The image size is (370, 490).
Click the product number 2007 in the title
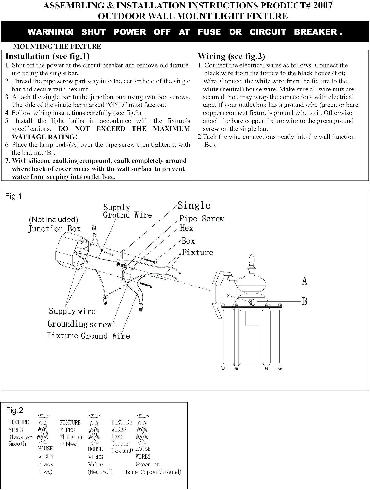click(x=323, y=5)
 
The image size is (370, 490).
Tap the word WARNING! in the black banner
click(x=50, y=32)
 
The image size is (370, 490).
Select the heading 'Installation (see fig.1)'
click(x=47, y=56)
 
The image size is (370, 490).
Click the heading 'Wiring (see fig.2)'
click(x=231, y=56)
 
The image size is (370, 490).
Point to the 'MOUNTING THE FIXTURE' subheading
click(x=57, y=46)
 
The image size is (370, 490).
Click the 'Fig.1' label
click(x=13, y=196)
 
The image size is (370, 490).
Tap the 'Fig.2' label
click(x=14, y=410)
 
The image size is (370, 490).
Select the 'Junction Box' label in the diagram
click(x=54, y=229)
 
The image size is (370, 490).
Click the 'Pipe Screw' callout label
click(x=202, y=219)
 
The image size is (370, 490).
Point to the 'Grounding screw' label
click(x=79, y=324)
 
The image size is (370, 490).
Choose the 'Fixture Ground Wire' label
click(x=88, y=336)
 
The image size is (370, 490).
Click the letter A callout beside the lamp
click(x=305, y=281)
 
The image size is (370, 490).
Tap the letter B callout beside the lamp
click(x=305, y=302)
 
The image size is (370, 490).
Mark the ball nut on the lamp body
click(x=252, y=302)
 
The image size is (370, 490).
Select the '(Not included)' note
click(x=53, y=220)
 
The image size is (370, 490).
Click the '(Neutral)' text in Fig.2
click(x=100, y=472)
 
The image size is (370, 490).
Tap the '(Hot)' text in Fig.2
click(x=45, y=472)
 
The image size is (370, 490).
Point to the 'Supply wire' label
click(x=72, y=311)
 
